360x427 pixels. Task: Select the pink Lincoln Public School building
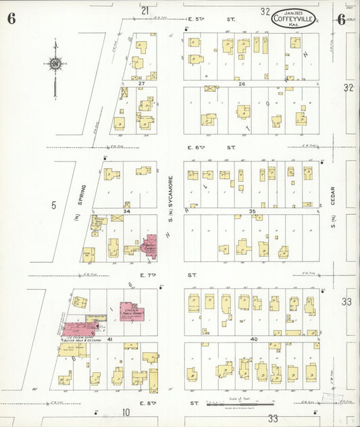click(x=133, y=311)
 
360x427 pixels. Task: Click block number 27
click(x=141, y=84)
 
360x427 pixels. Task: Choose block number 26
click(x=240, y=84)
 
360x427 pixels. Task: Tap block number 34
click(x=126, y=211)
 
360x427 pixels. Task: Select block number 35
click(x=253, y=211)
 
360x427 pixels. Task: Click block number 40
click(x=254, y=339)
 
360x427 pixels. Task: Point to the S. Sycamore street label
click(x=171, y=195)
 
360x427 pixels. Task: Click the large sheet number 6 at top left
click(x=11, y=18)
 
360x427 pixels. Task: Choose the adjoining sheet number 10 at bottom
click(x=126, y=412)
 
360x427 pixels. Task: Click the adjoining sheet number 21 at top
click(x=145, y=10)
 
